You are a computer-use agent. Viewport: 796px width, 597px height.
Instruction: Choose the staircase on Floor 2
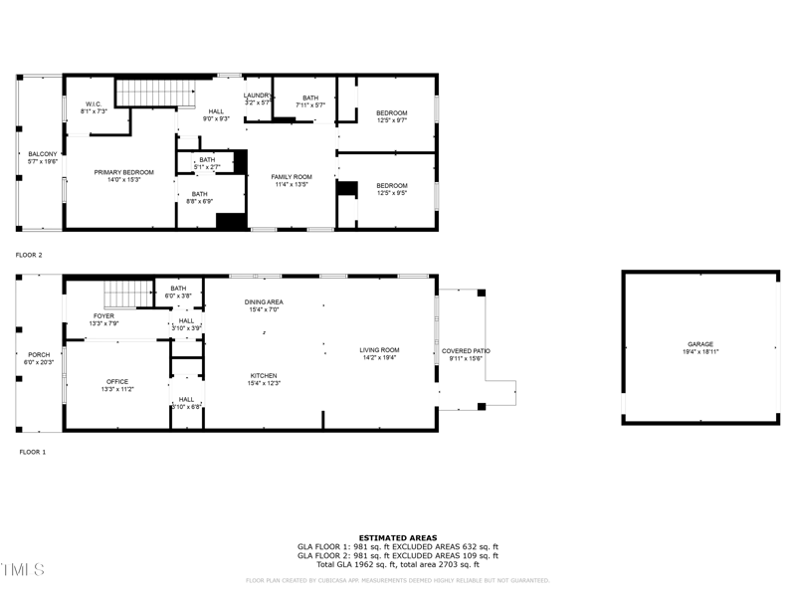155,94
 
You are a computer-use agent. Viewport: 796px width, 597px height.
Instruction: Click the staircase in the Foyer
126,295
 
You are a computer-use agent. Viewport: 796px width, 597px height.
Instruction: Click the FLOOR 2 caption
29,256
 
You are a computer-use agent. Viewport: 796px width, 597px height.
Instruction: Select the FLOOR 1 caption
33,452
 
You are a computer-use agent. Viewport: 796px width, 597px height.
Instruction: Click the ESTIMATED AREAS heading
397,537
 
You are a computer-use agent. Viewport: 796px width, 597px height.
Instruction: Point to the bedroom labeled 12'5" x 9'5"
391,189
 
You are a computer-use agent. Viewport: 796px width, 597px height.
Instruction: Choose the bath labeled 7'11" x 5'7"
310,100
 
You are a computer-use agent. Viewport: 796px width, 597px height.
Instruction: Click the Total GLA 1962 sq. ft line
397,564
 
